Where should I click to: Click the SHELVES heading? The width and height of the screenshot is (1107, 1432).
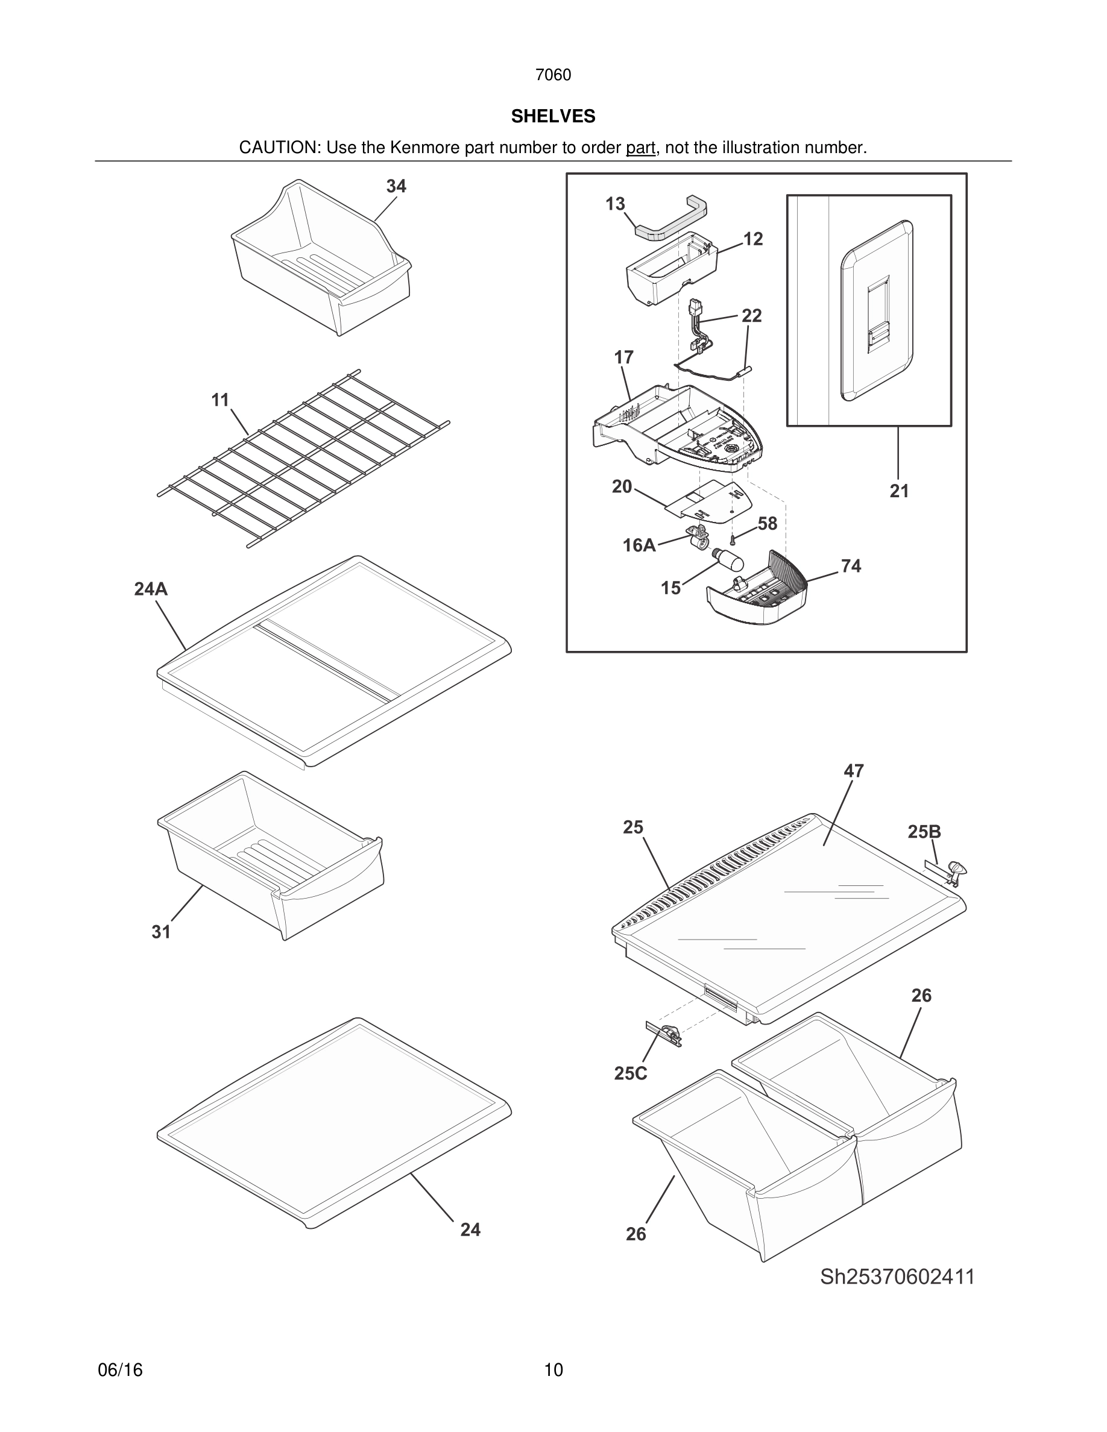coord(553,116)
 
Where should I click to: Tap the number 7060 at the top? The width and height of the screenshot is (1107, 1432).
coord(553,75)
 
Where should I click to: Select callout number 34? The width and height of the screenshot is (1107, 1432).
coord(396,186)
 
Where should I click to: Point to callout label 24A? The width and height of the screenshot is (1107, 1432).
coord(151,589)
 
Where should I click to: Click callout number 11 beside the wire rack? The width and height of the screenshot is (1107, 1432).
coord(220,400)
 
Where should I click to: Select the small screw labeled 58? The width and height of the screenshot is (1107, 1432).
coord(733,539)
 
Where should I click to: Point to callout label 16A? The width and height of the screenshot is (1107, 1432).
coord(639,545)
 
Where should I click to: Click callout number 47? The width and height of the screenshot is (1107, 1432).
coord(853,770)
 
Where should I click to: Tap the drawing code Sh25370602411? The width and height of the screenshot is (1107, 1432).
coord(897,1277)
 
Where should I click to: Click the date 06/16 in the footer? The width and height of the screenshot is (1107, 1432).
coord(120,1370)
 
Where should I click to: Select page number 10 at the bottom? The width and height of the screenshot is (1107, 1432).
coord(553,1370)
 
